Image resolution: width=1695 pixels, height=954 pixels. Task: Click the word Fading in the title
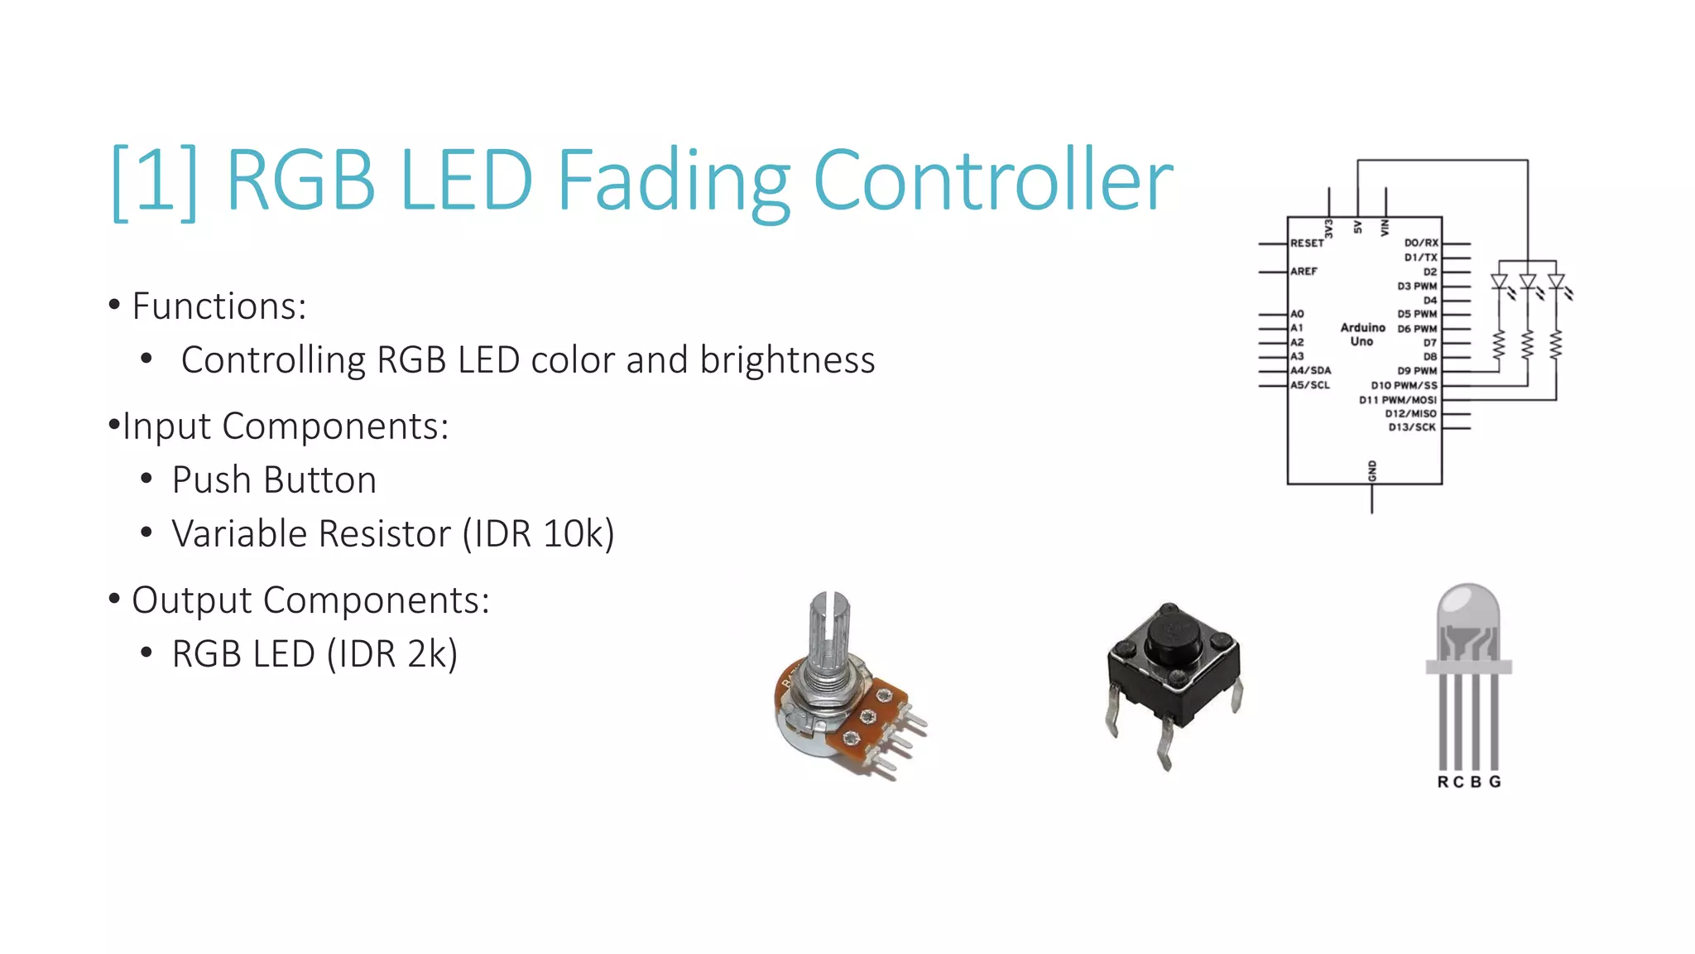pyautogui.click(x=673, y=180)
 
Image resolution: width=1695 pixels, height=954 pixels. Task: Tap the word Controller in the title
pyautogui.click(x=992, y=180)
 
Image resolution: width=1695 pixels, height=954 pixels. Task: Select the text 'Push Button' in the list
pyautogui.click(x=274, y=480)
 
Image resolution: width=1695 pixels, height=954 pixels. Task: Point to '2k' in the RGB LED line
pyautogui.click(x=426, y=654)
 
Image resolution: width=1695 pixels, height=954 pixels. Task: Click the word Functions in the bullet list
pyautogui.click(x=218, y=306)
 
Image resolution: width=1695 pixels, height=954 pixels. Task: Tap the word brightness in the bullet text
pyautogui.click(x=787, y=360)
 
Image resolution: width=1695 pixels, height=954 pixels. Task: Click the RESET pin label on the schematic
pyautogui.click(x=1307, y=243)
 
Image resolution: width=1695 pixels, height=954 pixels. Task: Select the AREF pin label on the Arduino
pyautogui.click(x=1304, y=272)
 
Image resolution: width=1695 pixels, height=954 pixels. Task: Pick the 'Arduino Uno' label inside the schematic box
pyautogui.click(x=1362, y=335)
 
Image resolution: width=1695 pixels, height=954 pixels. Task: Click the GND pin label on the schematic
pyautogui.click(x=1371, y=470)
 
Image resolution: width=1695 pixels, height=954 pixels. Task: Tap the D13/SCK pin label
pyautogui.click(x=1412, y=427)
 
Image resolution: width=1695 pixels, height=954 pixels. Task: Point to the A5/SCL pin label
pyautogui.click(x=1310, y=385)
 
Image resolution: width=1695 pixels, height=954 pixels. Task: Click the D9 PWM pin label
pyautogui.click(x=1417, y=371)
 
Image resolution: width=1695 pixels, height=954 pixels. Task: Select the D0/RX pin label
pyautogui.click(x=1421, y=243)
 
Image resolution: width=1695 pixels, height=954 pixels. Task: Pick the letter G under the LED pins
pyautogui.click(x=1495, y=782)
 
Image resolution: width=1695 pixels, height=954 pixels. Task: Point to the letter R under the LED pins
pyautogui.click(x=1443, y=782)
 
